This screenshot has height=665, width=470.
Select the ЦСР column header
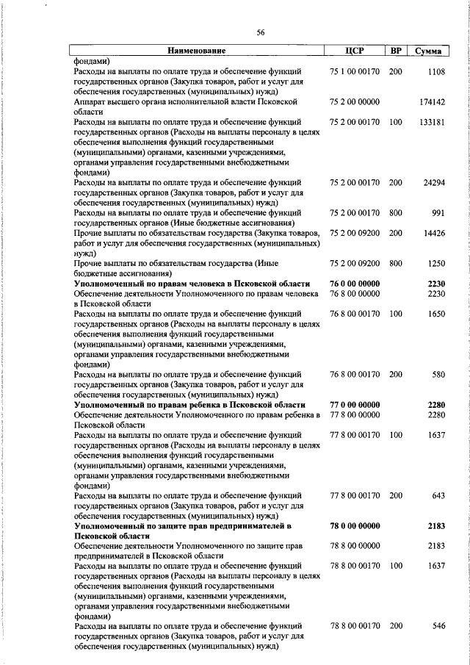[x=355, y=51]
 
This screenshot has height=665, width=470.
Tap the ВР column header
[x=395, y=51]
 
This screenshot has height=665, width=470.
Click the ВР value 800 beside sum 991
[x=395, y=213]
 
